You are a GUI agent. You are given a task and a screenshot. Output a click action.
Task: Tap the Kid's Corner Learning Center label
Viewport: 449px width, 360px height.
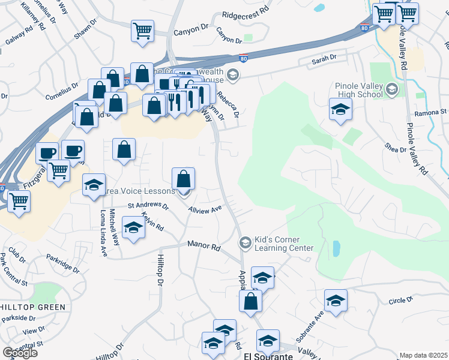click(x=285, y=244)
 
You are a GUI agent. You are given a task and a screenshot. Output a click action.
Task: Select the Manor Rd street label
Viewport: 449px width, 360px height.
click(x=204, y=245)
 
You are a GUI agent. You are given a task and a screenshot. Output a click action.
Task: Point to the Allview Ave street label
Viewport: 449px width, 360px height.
click(x=205, y=209)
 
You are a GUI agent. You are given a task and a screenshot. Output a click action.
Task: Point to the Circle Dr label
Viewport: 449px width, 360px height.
click(x=401, y=300)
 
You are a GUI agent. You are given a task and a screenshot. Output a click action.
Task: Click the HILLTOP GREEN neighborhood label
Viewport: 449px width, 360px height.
click(x=32, y=307)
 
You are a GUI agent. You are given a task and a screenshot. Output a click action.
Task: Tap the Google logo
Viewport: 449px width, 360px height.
click(x=20, y=352)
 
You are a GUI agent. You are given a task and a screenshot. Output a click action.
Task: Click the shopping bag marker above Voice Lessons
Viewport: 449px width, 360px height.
click(x=183, y=178)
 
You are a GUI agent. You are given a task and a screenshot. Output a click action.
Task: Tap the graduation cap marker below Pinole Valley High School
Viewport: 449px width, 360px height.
click(x=340, y=109)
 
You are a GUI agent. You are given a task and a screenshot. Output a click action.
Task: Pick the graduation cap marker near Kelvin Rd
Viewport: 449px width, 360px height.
click(x=133, y=227)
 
